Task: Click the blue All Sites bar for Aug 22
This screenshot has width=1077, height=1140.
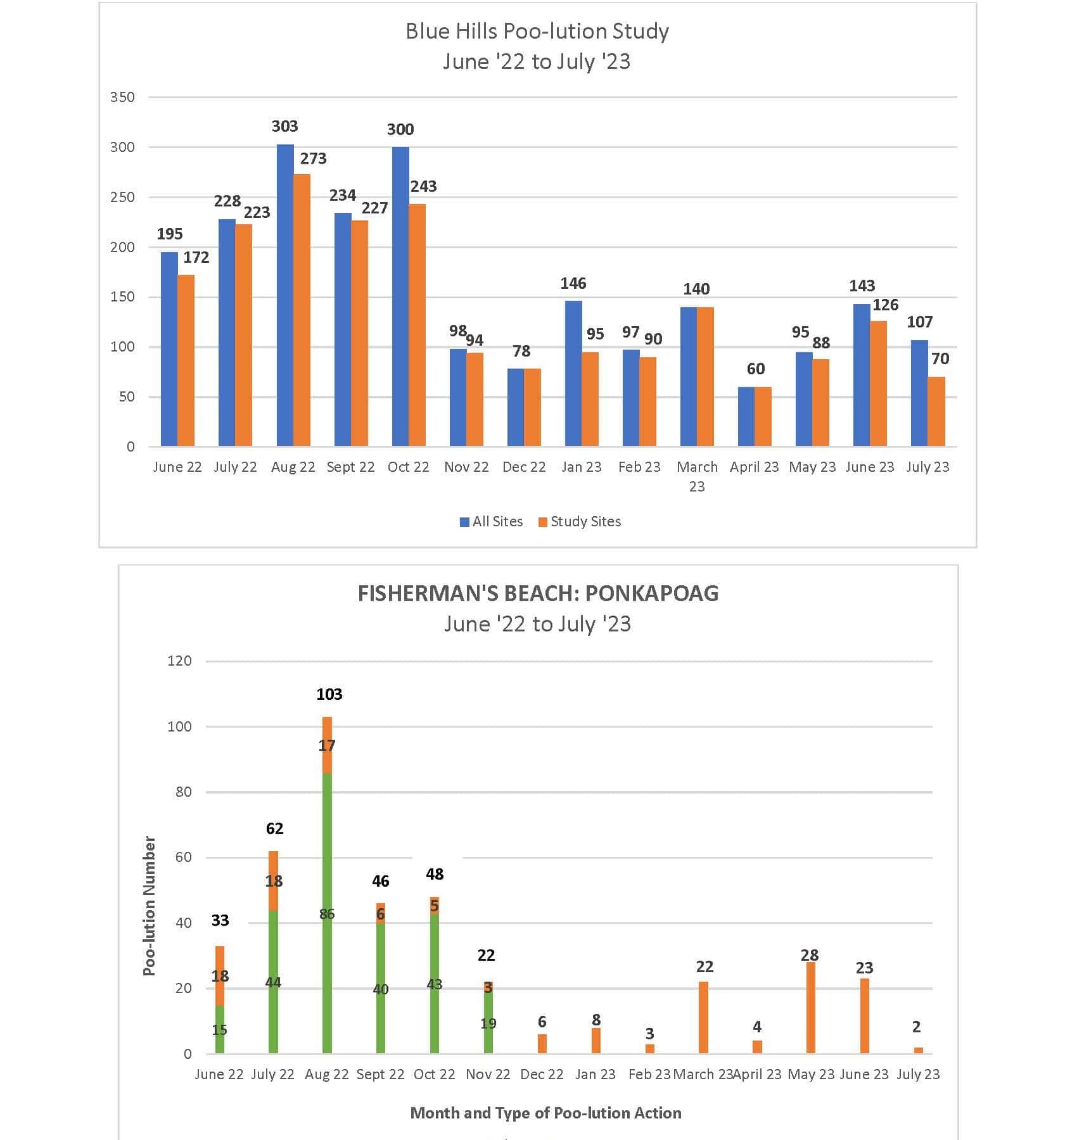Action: pyautogui.click(x=285, y=295)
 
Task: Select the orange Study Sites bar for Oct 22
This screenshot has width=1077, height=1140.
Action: pyautogui.click(x=417, y=325)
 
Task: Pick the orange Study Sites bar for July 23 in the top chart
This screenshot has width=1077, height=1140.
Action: pyautogui.click(x=936, y=412)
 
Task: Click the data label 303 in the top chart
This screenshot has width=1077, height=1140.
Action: pyautogui.click(x=285, y=126)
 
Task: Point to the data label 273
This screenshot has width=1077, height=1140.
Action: pyautogui.click(x=314, y=158)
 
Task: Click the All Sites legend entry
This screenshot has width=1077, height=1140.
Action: pyautogui.click(x=492, y=521)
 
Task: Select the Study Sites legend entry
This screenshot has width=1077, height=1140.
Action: pyautogui.click(x=580, y=521)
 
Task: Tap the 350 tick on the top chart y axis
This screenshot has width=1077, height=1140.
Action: pyautogui.click(x=122, y=97)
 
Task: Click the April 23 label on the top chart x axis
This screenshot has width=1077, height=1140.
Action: pyautogui.click(x=754, y=467)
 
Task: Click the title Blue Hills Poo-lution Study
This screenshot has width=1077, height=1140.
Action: pyautogui.click(x=537, y=31)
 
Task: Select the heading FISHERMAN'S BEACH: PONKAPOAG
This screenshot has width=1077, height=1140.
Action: pyautogui.click(x=538, y=593)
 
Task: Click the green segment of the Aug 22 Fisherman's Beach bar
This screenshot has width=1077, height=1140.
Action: pyautogui.click(x=327, y=913)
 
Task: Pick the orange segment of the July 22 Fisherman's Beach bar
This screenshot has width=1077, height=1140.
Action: pyautogui.click(x=273, y=880)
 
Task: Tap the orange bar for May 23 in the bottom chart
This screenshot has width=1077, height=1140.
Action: pyautogui.click(x=810, y=1008)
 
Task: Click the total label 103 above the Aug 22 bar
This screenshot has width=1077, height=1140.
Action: pyautogui.click(x=329, y=694)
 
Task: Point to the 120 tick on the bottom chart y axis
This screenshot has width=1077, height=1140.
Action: pyautogui.click(x=179, y=661)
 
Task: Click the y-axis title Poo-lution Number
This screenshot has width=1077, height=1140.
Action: pyautogui.click(x=149, y=906)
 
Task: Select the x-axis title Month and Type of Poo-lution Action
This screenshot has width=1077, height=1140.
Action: pyautogui.click(x=546, y=1113)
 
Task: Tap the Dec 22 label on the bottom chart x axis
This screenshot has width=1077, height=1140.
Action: pyautogui.click(x=542, y=1074)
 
